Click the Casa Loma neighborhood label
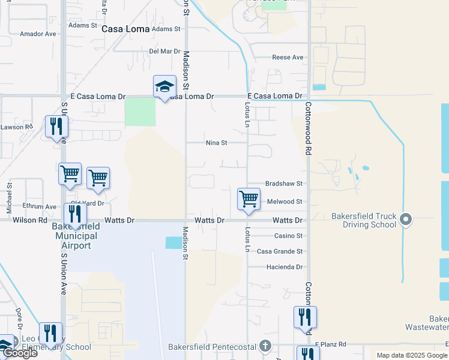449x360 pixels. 125,28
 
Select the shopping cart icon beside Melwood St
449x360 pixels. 249,199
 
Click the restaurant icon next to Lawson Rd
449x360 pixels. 57,127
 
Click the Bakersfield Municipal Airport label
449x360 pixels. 76,236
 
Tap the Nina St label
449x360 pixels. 216,143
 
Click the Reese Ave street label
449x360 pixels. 288,58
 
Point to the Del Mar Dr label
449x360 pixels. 164,51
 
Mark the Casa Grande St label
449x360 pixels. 280,251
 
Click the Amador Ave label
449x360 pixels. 38,34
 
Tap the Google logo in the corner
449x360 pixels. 20,353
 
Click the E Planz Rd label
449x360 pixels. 331,344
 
